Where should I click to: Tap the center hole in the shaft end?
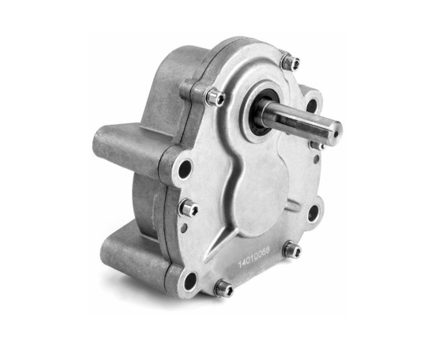point(336,134)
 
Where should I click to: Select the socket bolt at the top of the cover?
point(291,61)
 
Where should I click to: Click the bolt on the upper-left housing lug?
point(216,96)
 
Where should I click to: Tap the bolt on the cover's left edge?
point(189,208)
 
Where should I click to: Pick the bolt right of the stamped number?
point(292,250)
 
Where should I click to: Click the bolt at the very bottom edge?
point(224,288)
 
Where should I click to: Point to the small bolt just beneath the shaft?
point(317,145)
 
